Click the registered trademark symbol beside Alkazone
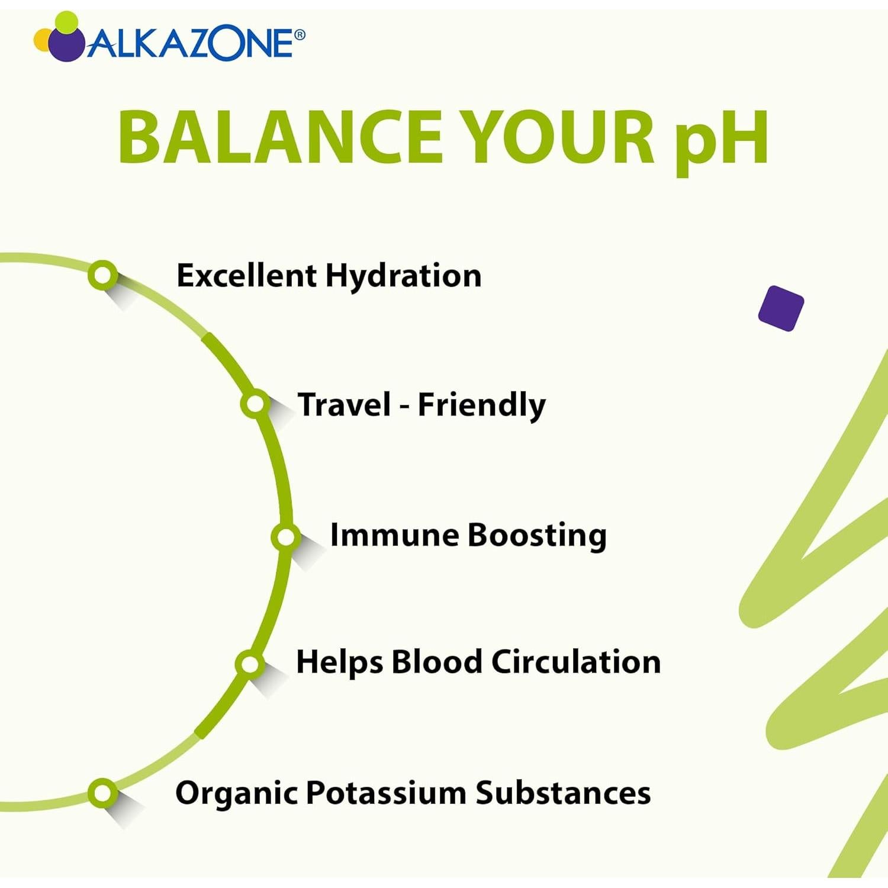coord(300,35)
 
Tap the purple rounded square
coord(781,308)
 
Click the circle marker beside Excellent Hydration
coord(103,275)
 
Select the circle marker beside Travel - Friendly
coord(255,404)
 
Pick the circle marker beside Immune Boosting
coord(286,537)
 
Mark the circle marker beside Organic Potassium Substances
coord(103,793)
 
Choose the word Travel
coord(345,404)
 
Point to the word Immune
coord(394,535)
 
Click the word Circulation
coord(576,661)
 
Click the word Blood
coord(437,661)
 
